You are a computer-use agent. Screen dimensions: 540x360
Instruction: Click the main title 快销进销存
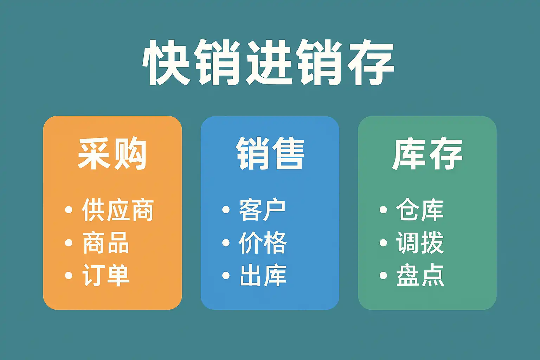(x=268, y=62)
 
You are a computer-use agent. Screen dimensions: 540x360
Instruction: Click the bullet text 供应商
(x=118, y=210)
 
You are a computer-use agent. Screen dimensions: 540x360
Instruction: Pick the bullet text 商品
(x=105, y=243)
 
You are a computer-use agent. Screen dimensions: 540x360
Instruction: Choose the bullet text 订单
(x=105, y=275)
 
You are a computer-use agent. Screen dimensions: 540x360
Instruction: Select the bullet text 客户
(x=262, y=210)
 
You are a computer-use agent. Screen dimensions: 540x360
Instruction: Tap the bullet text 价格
(x=263, y=243)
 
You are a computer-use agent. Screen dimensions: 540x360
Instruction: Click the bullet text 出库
(x=263, y=275)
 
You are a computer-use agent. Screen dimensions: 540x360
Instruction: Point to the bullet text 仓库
(x=420, y=210)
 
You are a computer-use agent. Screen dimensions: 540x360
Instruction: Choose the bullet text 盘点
(x=420, y=275)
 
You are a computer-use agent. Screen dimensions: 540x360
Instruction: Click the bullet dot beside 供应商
(x=69, y=210)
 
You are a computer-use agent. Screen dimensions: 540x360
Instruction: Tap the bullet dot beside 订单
(x=69, y=275)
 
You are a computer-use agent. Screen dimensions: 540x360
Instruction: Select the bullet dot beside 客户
(x=226, y=210)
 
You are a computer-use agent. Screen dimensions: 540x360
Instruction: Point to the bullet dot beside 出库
(x=226, y=275)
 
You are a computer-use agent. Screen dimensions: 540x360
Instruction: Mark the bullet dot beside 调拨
(x=383, y=243)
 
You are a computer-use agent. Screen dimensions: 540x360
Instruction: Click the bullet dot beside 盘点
(x=383, y=275)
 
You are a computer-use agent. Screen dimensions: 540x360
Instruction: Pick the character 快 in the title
(x=166, y=62)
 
